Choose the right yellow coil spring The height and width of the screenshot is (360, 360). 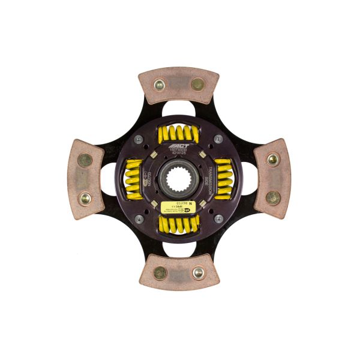coord(224,179)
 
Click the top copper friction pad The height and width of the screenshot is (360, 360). coord(178,84)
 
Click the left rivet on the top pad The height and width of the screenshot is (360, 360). coord(160,85)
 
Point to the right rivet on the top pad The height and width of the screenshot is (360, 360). coord(197,85)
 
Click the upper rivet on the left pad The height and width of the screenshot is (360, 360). coord(85,160)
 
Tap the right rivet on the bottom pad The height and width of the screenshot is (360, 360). coord(197,273)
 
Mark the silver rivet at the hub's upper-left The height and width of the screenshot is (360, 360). coord(139,139)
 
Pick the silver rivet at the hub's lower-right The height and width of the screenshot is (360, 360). coord(218,218)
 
